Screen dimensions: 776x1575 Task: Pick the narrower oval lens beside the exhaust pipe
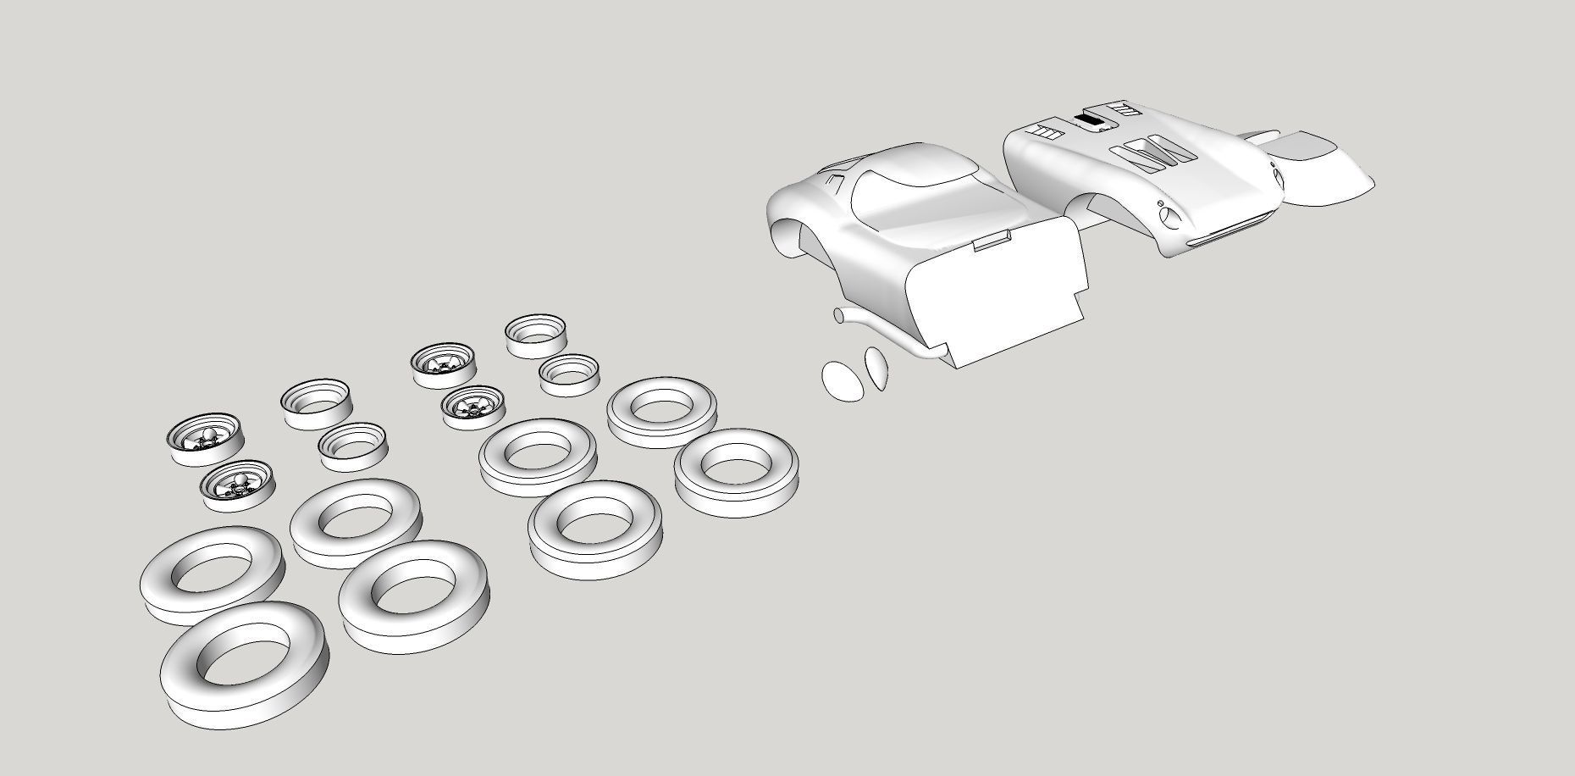click(x=876, y=367)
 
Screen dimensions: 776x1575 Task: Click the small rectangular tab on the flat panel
click(x=992, y=244)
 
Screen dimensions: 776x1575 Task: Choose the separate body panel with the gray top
click(x=1321, y=169)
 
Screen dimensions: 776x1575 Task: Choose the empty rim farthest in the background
click(x=535, y=335)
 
